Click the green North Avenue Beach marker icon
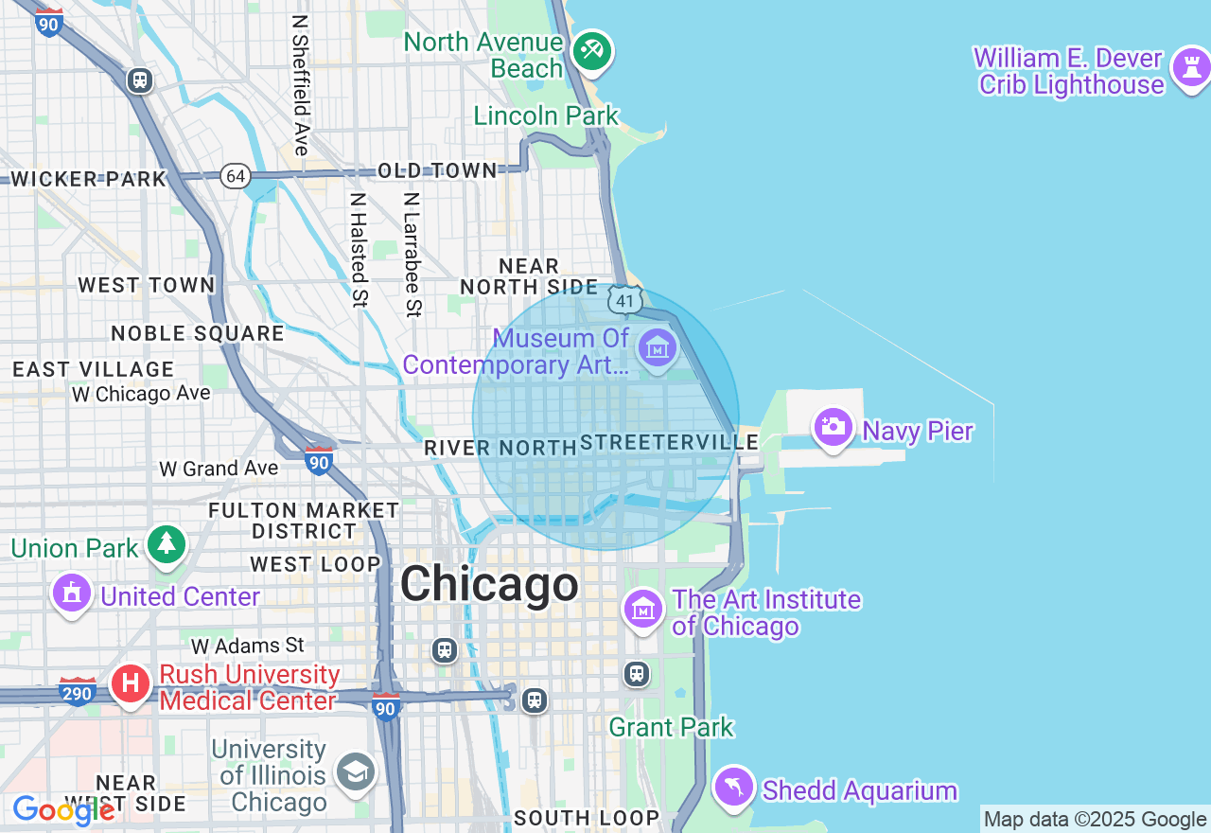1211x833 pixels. click(592, 50)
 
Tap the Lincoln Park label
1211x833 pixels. click(546, 115)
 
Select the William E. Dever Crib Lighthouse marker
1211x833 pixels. click(1190, 68)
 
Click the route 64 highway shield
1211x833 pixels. click(236, 175)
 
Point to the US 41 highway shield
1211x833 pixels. click(624, 301)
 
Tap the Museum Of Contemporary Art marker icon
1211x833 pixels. click(657, 348)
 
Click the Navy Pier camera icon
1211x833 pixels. click(833, 427)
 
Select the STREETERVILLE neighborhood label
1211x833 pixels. click(669, 442)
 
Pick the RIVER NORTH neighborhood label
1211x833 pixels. click(500, 448)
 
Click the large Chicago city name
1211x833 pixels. click(489, 584)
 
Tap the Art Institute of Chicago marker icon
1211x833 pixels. click(643, 608)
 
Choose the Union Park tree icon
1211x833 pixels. click(167, 543)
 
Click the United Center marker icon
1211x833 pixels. click(71, 594)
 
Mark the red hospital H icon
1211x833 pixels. click(131, 682)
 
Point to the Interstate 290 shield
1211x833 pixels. click(77, 693)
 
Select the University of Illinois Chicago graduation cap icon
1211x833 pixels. click(356, 773)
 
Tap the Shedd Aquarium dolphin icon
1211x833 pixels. click(734, 787)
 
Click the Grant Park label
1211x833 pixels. click(671, 727)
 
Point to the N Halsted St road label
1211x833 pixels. click(358, 250)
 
